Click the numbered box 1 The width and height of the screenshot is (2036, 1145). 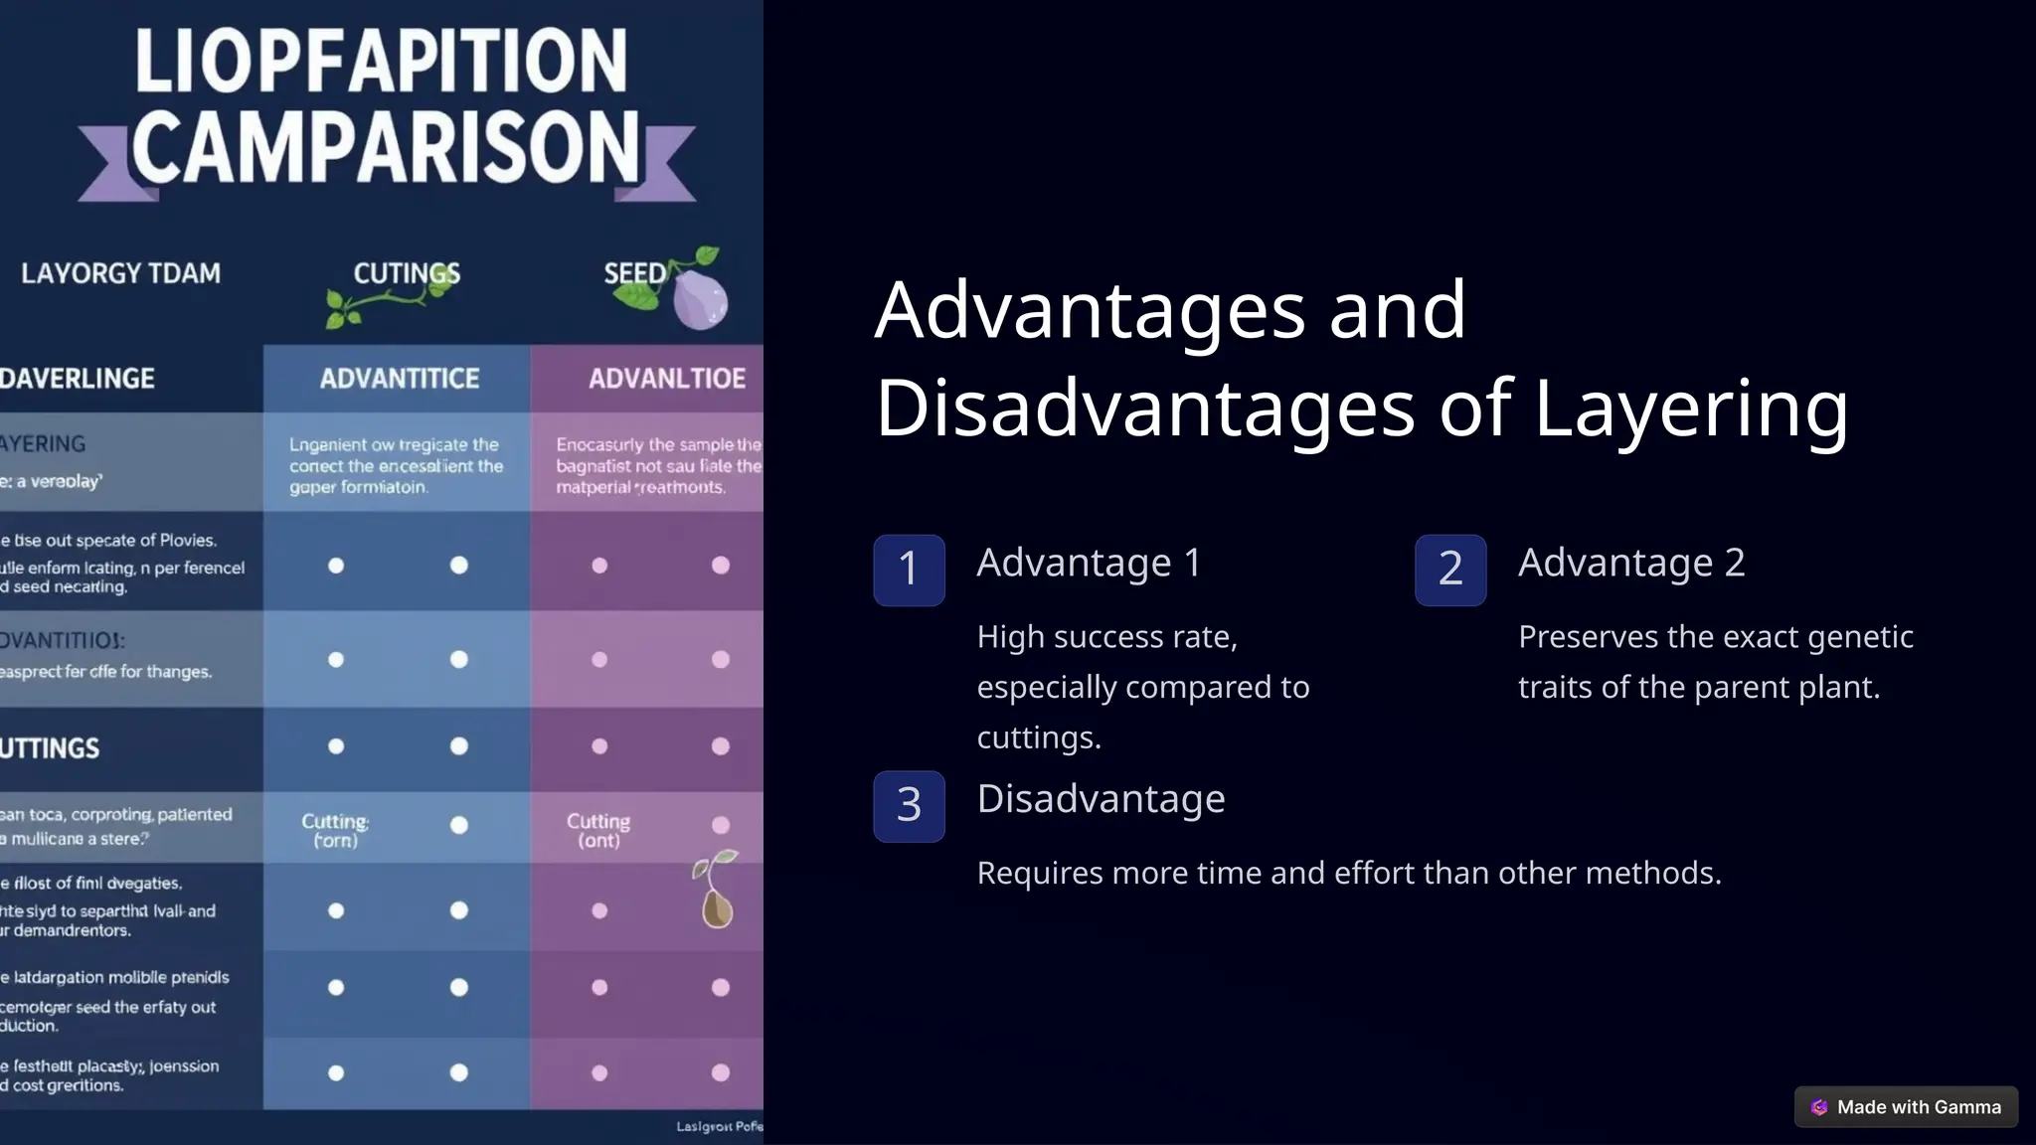tap(909, 570)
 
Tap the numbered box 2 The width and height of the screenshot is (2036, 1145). tap(1450, 570)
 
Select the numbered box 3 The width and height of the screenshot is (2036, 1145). tap(909, 806)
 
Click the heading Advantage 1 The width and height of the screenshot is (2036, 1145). tap(1089, 564)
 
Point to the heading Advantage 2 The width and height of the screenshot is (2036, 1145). tap(1631, 564)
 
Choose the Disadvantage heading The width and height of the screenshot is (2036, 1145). tap(1101, 799)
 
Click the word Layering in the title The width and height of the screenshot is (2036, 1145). tap(1690, 409)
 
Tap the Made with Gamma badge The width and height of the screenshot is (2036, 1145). tap(1906, 1107)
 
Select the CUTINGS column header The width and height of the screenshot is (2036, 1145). tap(407, 273)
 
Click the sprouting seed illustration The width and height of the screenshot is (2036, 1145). tap(716, 891)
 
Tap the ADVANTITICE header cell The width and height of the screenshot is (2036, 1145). tap(399, 379)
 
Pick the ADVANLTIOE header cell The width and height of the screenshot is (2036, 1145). tap(666, 379)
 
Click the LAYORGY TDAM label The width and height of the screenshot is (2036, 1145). tap(120, 273)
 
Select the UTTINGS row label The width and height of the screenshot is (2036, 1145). tap(50, 748)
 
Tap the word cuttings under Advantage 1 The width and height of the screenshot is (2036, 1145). tap(1039, 737)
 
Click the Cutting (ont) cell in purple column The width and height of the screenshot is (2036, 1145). tap(598, 830)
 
